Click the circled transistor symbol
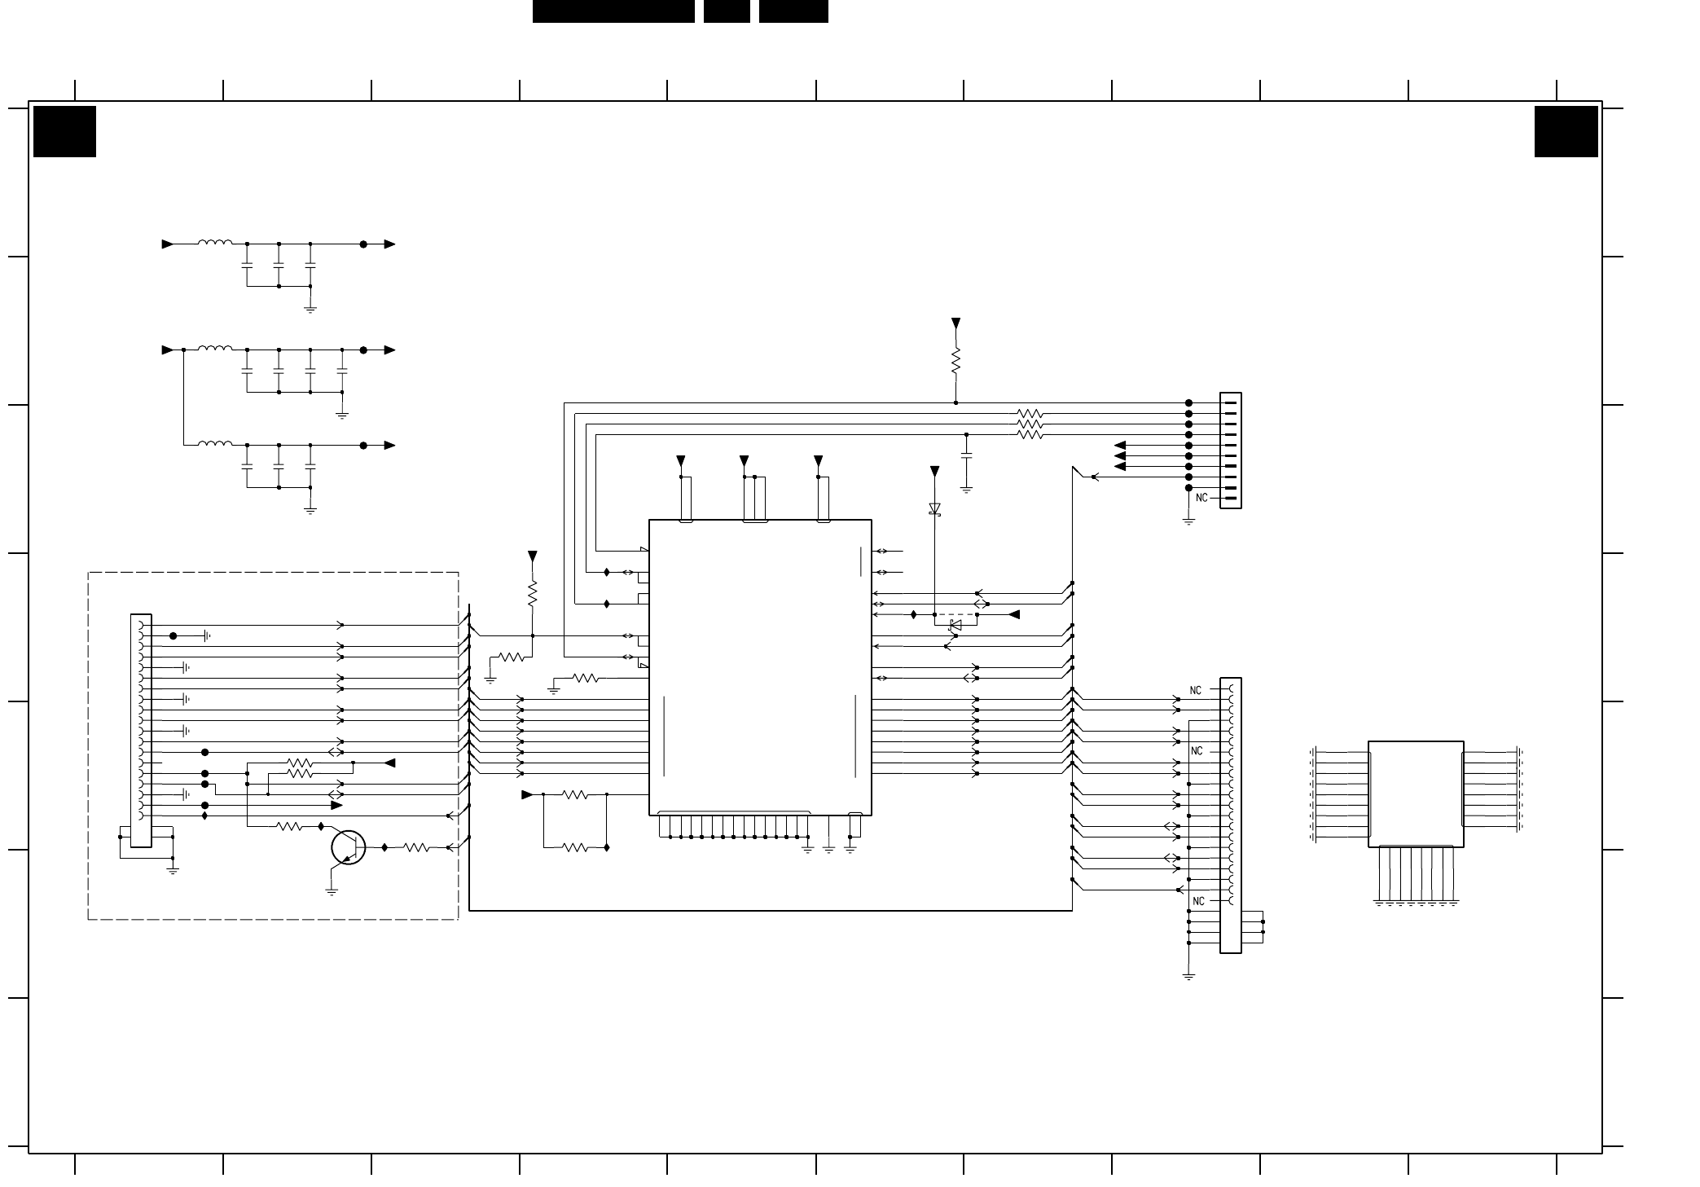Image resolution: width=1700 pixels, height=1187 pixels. click(348, 848)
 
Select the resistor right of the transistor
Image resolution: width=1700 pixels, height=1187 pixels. click(416, 848)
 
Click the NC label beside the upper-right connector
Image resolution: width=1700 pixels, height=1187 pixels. click(1201, 498)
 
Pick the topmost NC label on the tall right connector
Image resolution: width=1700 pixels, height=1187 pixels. click(1195, 690)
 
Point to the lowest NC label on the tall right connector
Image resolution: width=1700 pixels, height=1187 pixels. click(1197, 901)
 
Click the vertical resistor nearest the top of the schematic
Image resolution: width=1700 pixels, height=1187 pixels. click(955, 360)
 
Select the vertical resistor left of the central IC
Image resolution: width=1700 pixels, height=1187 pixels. click(533, 594)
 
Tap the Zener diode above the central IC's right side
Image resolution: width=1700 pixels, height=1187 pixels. click(934, 508)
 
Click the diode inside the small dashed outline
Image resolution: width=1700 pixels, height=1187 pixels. click(955, 625)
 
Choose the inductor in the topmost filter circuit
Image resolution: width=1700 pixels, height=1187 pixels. click(215, 242)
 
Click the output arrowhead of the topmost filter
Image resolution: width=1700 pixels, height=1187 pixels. click(390, 244)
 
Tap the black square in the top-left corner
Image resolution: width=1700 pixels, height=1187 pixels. click(64, 131)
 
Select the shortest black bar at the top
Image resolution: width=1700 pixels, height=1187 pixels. click(727, 11)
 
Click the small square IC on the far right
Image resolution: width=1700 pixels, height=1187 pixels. click(1416, 794)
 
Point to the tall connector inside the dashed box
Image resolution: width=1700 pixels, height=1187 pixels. click(140, 731)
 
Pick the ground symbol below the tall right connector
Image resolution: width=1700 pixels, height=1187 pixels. click(1188, 975)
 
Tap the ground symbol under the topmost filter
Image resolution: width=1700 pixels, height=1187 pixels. click(310, 310)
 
